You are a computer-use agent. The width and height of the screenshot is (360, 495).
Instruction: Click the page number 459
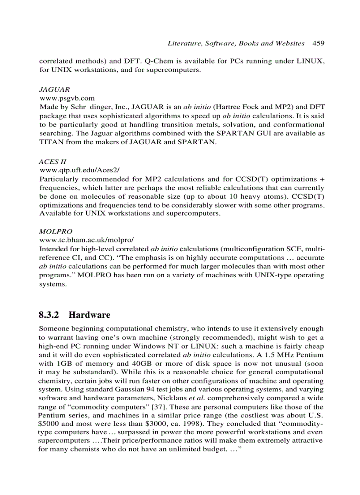[x=318, y=43]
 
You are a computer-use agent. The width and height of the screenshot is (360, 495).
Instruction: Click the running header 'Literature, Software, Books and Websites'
[x=236, y=43]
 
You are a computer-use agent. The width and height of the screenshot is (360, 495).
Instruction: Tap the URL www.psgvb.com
[x=67, y=98]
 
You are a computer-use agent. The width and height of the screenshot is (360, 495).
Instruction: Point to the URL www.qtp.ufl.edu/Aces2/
[x=80, y=170]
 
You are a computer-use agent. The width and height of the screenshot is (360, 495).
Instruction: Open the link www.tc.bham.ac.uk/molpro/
[x=86, y=240]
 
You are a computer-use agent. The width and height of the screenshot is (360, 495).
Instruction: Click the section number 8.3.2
[x=50, y=315]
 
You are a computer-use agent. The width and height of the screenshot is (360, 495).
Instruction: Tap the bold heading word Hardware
[x=90, y=315]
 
